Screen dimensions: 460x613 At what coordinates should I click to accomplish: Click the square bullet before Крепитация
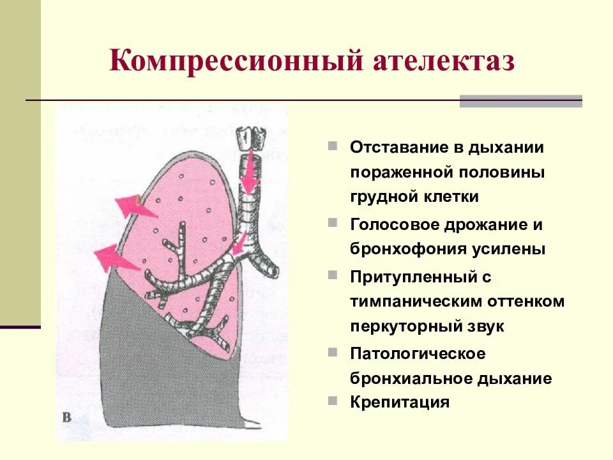click(x=333, y=401)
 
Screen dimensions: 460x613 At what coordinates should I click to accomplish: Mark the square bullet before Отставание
click(x=333, y=146)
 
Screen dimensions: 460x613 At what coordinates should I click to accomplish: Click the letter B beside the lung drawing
click(x=66, y=418)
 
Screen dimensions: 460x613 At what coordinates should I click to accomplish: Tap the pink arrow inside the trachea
click(x=249, y=169)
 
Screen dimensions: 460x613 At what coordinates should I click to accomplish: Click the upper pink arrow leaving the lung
click(x=134, y=206)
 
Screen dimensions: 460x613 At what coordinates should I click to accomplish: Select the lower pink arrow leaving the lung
click(x=115, y=258)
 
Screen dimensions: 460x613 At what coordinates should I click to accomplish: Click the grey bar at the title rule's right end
click(x=520, y=101)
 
